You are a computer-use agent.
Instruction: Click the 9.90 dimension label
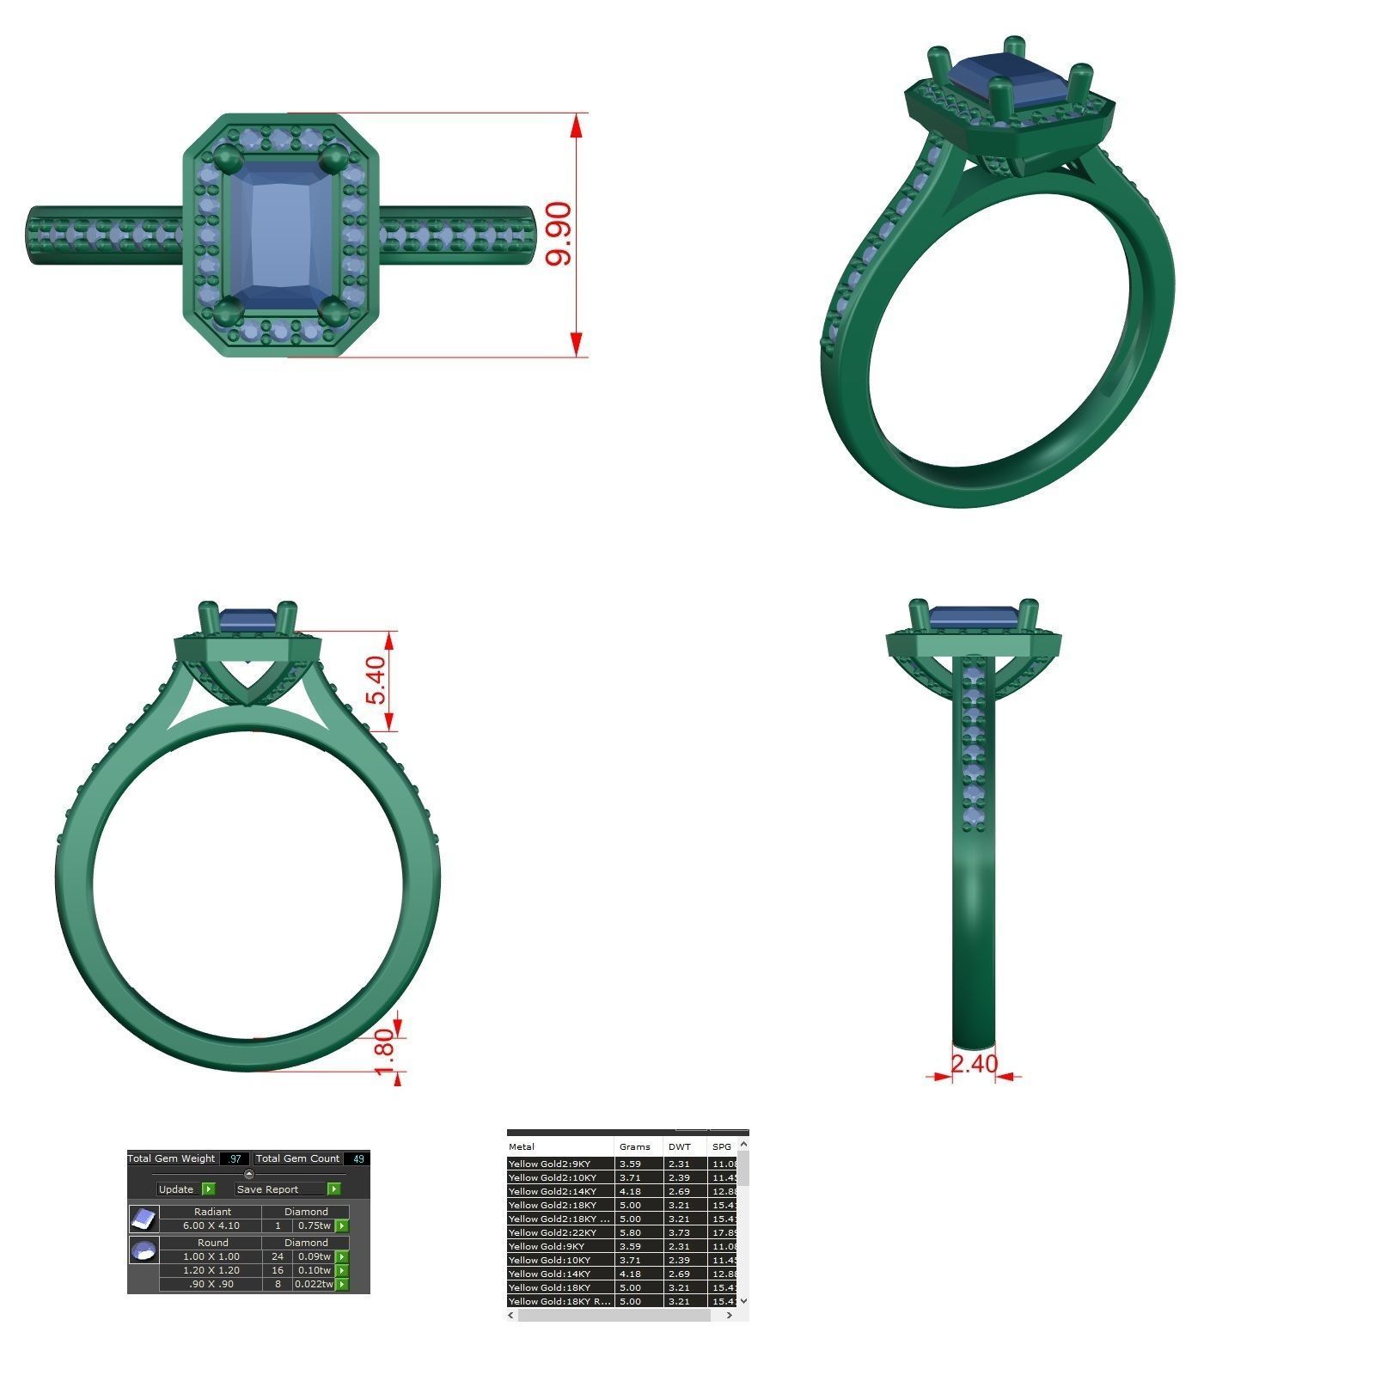point(559,234)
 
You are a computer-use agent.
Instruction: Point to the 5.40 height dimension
point(376,680)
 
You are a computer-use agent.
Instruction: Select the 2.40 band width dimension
point(974,1064)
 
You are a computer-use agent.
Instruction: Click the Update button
point(176,1189)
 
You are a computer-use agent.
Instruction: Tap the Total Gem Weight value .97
point(234,1158)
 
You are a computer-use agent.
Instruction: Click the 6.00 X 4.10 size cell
point(211,1225)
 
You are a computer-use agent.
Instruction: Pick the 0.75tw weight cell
point(314,1225)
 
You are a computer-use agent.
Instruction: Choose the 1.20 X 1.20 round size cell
point(211,1270)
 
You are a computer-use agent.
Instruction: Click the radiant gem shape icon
point(144,1219)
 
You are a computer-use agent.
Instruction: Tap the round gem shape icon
point(144,1250)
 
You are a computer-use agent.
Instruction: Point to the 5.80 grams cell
point(630,1232)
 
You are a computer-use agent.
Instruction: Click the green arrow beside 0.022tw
point(342,1284)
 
